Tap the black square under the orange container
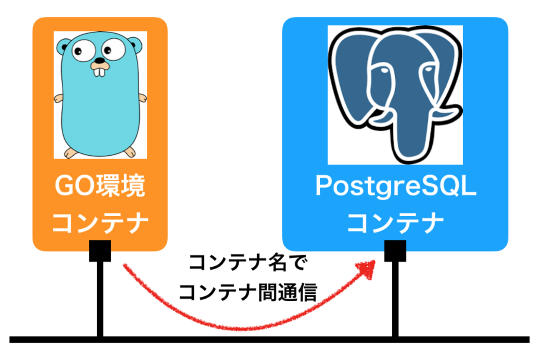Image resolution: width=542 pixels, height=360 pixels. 100,251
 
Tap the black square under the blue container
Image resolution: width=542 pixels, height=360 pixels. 395,251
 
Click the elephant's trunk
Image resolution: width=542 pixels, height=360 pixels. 413,137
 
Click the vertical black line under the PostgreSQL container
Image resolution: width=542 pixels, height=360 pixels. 395,300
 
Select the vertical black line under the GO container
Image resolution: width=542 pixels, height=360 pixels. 100,300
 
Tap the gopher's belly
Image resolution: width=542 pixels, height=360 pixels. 100,117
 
